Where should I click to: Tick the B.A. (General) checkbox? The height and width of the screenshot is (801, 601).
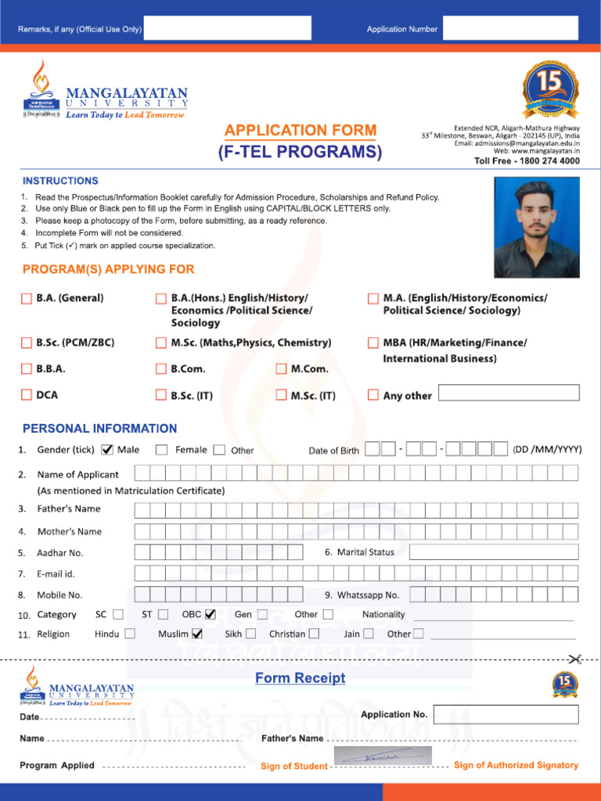27,298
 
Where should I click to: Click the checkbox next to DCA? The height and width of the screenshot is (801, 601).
27,395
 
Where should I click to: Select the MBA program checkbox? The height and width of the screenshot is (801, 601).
373,343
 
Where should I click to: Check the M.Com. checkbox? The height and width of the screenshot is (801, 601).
282,368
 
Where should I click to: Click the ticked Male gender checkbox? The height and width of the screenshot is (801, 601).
108,450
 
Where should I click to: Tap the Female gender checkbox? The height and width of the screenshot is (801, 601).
161,450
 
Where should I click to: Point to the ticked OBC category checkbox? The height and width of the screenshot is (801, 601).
211,615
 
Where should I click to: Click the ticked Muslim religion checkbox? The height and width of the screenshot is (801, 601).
197,634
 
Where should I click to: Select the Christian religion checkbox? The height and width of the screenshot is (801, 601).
314,634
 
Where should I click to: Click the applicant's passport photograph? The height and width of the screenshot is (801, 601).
537,227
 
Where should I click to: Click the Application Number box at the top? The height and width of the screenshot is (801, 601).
510,28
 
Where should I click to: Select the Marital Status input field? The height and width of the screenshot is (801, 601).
494,551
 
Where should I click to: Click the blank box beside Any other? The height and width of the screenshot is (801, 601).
509,393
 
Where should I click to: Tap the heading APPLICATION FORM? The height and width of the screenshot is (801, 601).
300,131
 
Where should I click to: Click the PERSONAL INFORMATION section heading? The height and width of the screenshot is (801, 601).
99,429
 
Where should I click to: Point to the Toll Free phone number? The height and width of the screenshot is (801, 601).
527,161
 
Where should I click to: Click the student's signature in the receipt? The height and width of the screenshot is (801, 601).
383,756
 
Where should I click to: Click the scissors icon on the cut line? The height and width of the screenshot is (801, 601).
575,659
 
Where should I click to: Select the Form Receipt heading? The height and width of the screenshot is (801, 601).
300,678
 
